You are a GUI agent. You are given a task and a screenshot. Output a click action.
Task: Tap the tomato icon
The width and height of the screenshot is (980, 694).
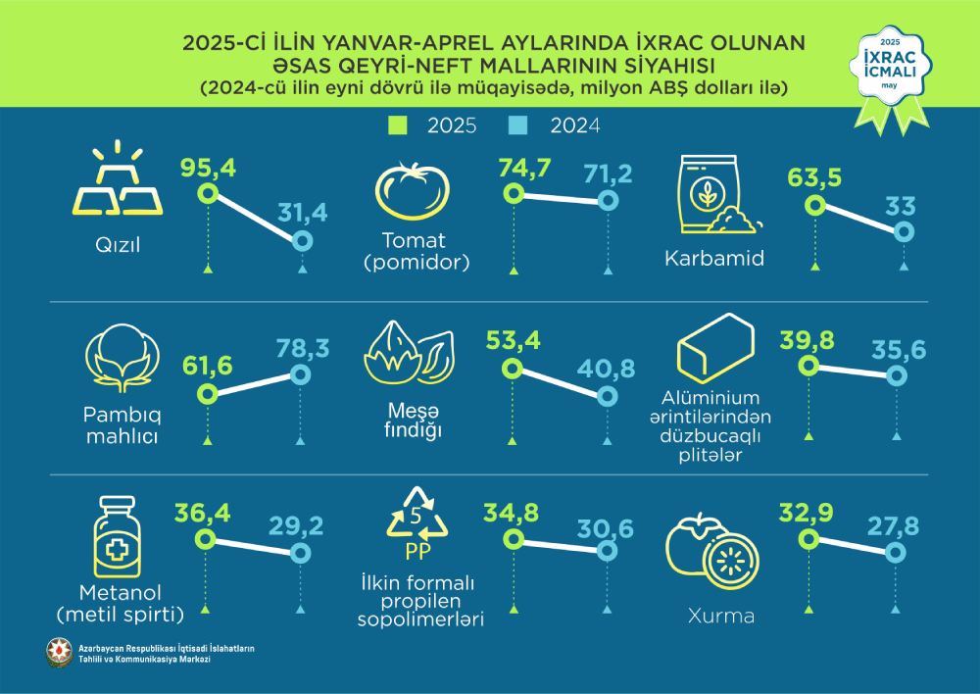(x=412, y=190)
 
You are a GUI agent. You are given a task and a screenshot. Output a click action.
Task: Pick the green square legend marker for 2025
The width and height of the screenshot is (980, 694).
(x=398, y=125)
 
